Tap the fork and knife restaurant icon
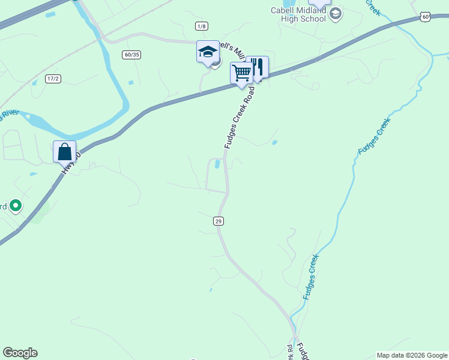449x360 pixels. tap(257, 67)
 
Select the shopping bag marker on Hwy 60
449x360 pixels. tap(64, 152)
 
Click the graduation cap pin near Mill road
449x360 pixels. tap(208, 52)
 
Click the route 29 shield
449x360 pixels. tap(218, 221)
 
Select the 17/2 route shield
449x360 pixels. tap(53, 79)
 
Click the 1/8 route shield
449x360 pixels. tap(201, 26)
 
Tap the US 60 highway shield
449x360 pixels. tap(425, 17)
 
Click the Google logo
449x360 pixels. tap(20, 353)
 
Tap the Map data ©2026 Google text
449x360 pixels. tap(412, 355)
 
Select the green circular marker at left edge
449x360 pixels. tap(16, 206)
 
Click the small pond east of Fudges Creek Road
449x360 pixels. tap(274, 143)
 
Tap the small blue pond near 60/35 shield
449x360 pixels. tap(131, 83)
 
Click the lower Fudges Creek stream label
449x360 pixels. tap(310, 277)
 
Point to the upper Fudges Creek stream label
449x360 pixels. tap(374, 136)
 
